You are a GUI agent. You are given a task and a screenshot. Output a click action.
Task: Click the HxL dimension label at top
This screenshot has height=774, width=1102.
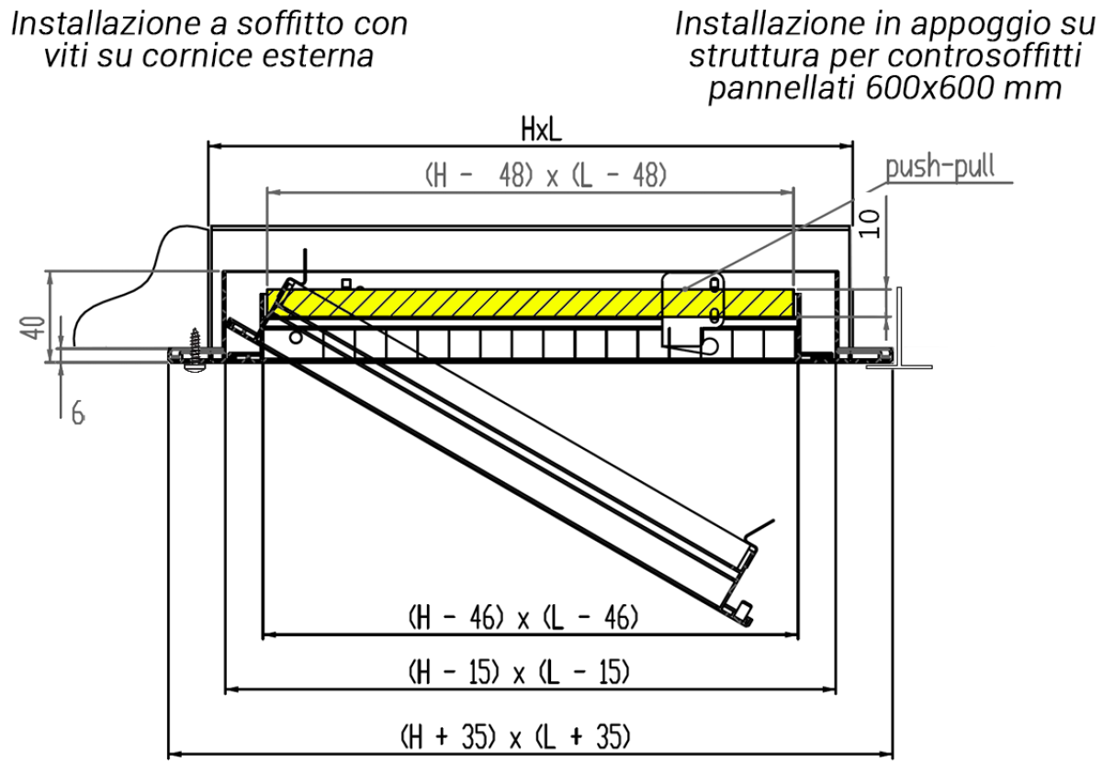[x=541, y=130]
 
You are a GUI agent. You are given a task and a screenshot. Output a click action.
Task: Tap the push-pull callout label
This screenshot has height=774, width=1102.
[x=939, y=168]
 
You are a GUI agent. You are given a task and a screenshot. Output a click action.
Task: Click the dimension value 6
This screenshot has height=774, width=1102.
[x=78, y=415]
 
